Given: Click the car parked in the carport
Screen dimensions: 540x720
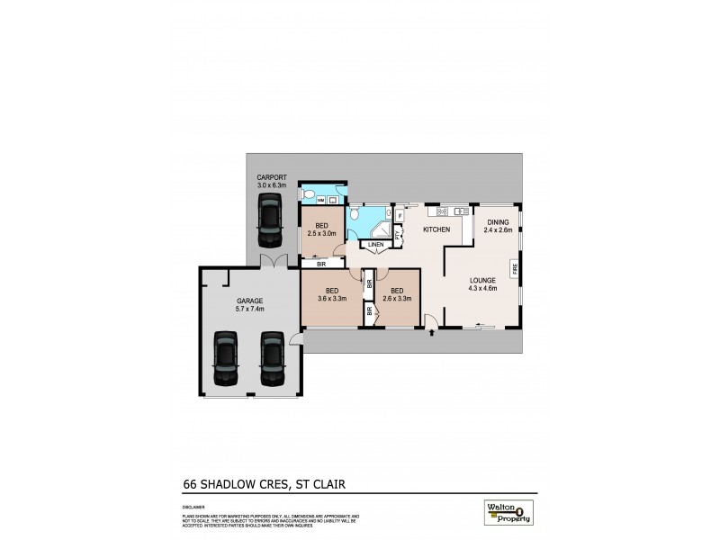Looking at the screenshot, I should [x=270, y=221].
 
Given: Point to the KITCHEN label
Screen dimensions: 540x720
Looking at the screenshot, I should [x=436, y=229].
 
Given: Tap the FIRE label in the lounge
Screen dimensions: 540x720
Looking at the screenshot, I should [x=514, y=268].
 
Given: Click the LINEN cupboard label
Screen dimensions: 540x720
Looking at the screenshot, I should [x=376, y=243].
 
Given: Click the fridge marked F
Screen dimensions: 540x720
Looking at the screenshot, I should [x=399, y=215].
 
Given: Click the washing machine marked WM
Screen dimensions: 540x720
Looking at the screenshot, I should [x=308, y=195].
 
